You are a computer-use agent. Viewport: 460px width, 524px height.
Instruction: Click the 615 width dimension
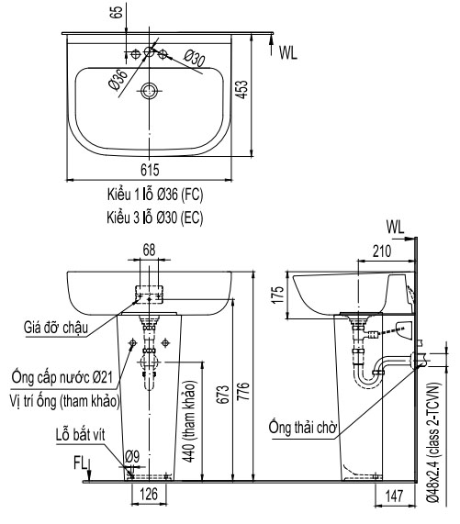[x=150, y=168]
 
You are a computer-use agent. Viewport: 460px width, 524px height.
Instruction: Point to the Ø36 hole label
[x=117, y=80]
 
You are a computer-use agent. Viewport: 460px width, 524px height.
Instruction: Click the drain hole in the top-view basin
[x=150, y=91]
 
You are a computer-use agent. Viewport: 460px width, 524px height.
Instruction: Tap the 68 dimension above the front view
[x=149, y=249]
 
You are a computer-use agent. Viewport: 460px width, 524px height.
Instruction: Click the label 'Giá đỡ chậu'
[x=64, y=326]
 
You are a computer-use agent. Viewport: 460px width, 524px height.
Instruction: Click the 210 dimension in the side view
[x=386, y=249]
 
